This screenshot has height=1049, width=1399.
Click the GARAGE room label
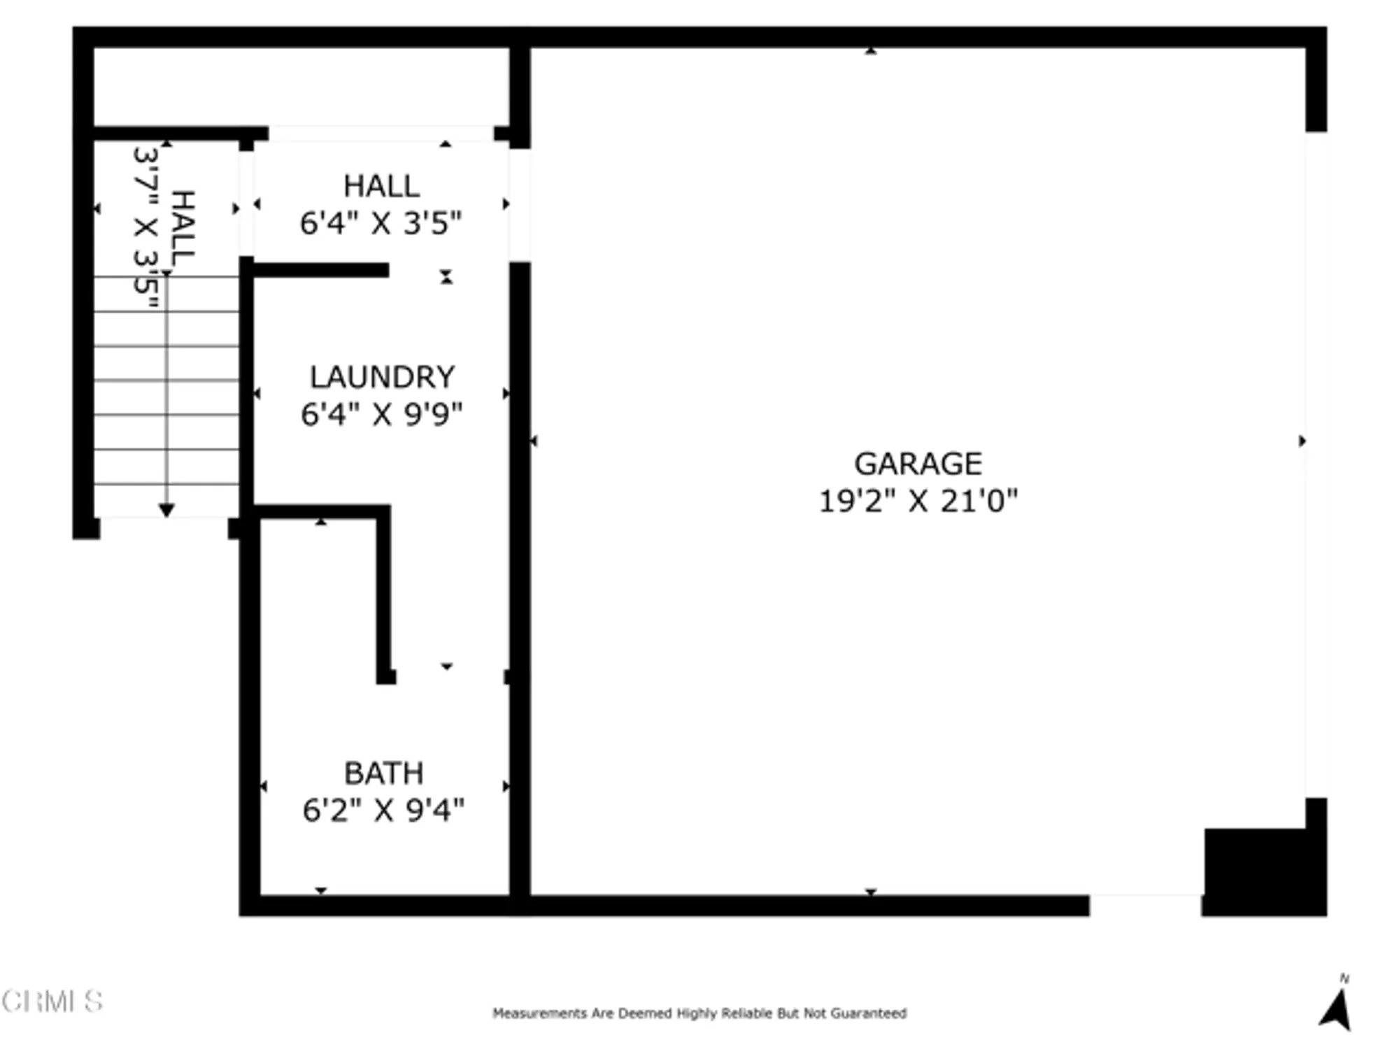click(918, 464)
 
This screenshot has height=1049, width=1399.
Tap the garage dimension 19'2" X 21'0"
click(918, 501)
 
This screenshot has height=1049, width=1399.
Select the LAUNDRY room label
click(382, 377)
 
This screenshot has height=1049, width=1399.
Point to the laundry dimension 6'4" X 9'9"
click(382, 414)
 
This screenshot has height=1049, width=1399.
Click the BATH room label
click(384, 773)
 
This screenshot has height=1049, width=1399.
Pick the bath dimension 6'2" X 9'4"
click(383, 811)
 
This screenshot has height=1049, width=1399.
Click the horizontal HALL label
click(381, 186)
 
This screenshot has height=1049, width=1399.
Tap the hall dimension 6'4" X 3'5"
click(381, 224)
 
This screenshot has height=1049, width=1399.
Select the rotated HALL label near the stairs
click(183, 228)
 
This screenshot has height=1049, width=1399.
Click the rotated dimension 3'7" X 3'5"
click(145, 228)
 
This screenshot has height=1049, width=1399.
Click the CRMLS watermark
click(52, 1001)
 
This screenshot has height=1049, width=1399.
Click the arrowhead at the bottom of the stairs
click(166, 511)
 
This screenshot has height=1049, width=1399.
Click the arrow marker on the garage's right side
click(1302, 441)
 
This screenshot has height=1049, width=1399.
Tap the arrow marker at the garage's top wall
click(871, 50)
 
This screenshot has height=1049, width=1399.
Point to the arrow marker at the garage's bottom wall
click(871, 892)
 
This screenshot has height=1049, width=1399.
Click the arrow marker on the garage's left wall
click(534, 441)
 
